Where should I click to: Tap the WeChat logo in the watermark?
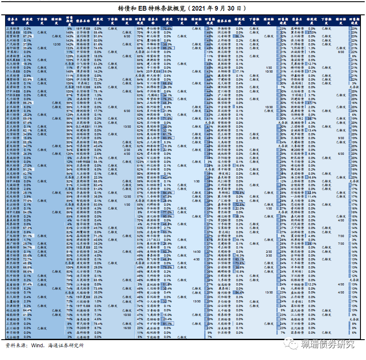(x=293, y=343)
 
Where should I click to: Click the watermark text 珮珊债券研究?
(x=327, y=344)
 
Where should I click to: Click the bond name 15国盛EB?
(x=14, y=32)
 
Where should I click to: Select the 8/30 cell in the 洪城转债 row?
(x=341, y=52)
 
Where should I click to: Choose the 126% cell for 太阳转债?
(x=70, y=154)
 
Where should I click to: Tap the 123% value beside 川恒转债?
(x=140, y=162)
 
